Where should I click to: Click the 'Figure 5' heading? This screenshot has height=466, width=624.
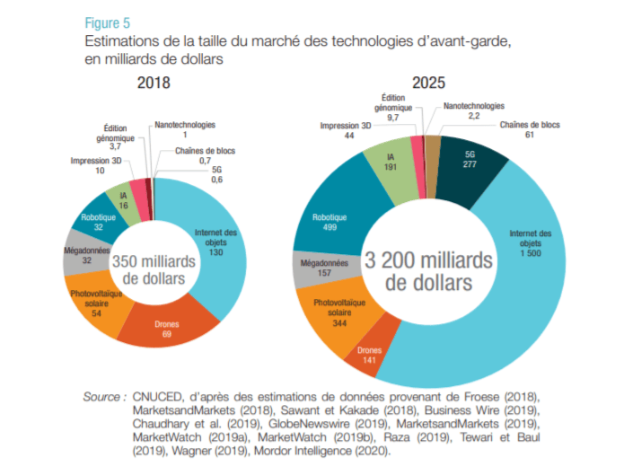(x=107, y=22)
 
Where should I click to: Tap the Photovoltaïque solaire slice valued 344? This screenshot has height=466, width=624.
(x=327, y=315)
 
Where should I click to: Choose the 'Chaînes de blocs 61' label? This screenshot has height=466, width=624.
(x=529, y=130)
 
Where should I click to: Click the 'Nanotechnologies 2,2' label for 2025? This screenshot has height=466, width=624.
(x=474, y=111)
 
